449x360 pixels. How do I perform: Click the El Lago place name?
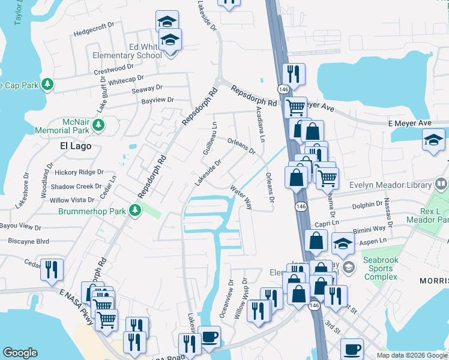[x=76, y=146]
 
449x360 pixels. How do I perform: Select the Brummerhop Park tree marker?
[x=136, y=210]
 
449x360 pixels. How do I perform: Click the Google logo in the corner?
[x=20, y=353]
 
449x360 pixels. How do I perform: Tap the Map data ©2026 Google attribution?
[x=411, y=355]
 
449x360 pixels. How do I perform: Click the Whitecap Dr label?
[x=126, y=79]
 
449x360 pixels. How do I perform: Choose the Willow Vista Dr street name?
[x=72, y=200]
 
